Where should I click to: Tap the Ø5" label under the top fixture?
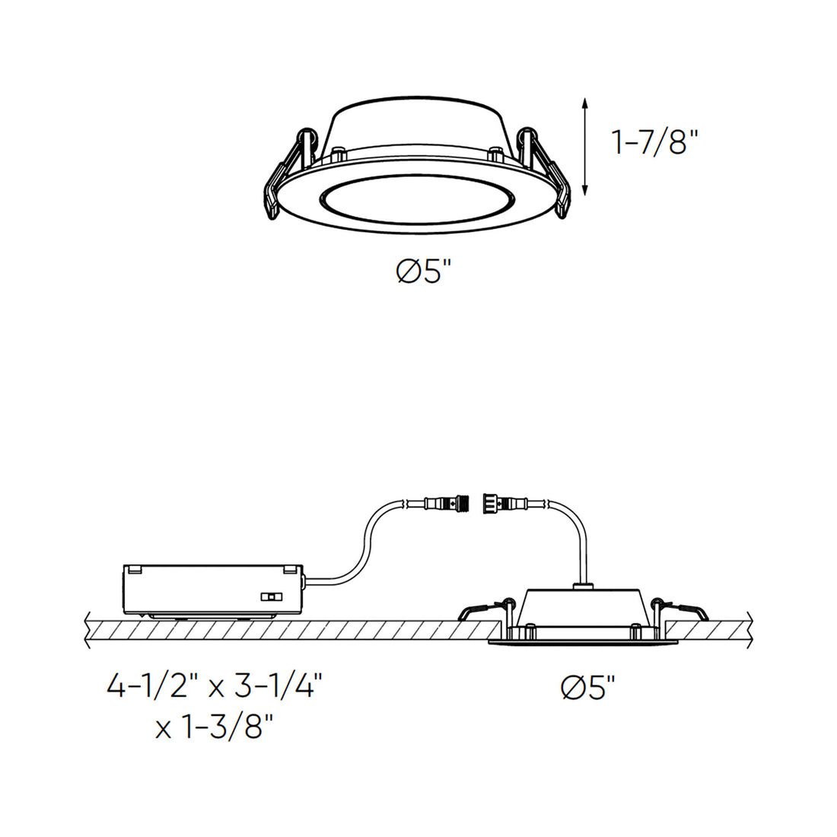(425, 271)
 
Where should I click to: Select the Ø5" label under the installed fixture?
(588, 687)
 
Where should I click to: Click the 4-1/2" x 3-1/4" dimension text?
(215, 686)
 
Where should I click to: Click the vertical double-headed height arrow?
(585, 146)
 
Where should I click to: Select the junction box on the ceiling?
(214, 591)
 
